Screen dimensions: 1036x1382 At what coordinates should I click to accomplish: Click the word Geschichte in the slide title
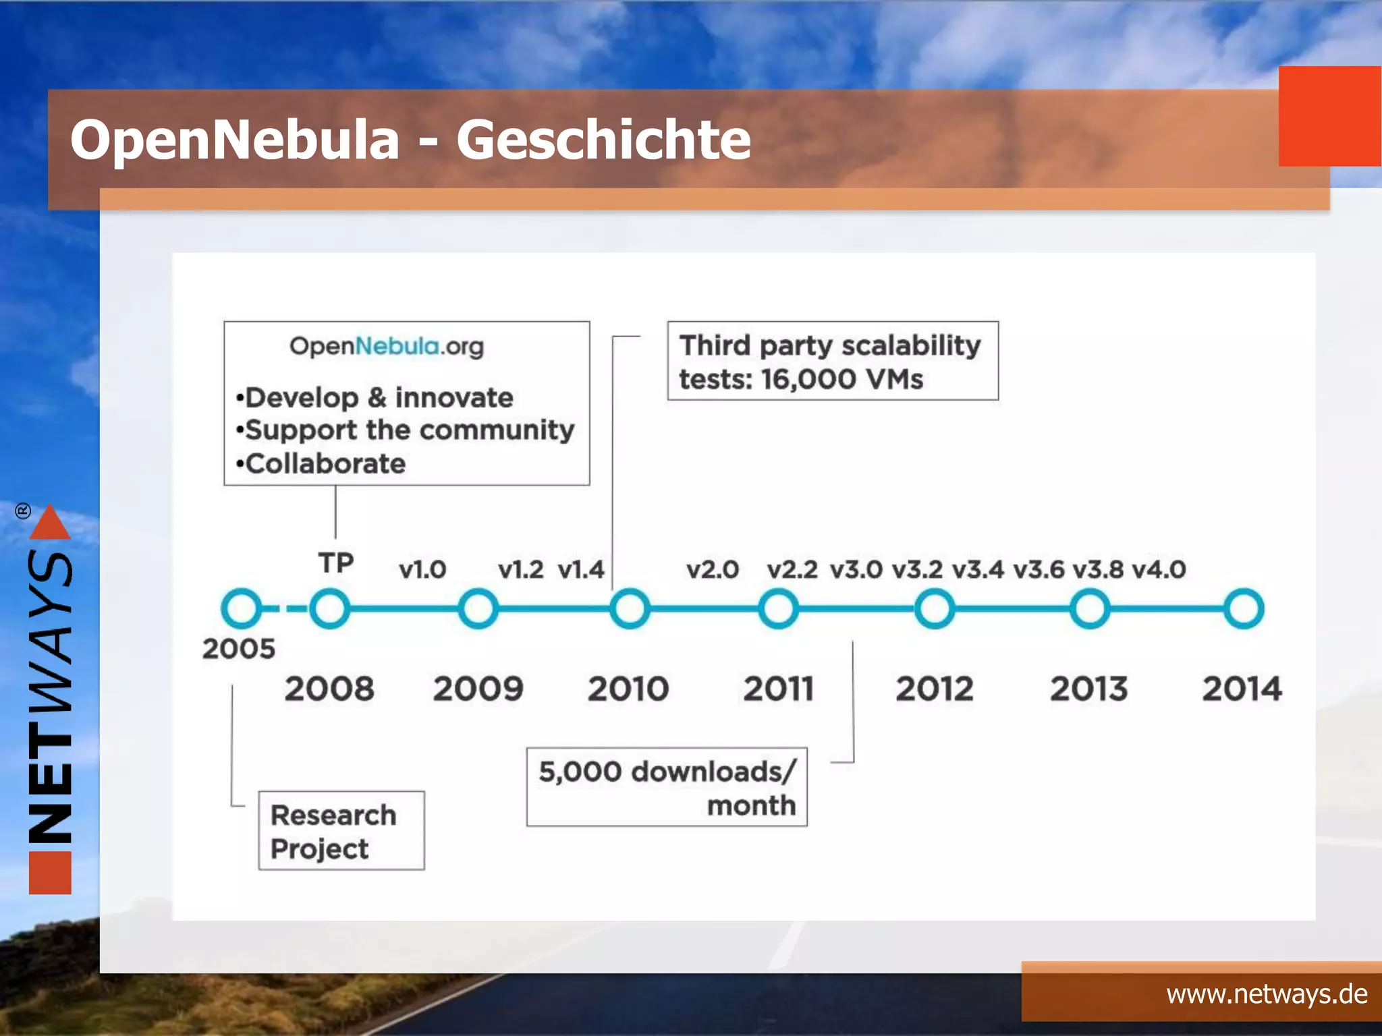coord(603,140)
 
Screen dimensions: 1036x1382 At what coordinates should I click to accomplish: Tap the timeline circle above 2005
coord(241,608)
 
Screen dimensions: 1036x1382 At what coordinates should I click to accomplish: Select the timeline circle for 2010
coord(630,608)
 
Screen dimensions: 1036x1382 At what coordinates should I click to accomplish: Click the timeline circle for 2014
coord(1244,608)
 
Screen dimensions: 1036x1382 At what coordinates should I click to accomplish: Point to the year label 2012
coord(935,689)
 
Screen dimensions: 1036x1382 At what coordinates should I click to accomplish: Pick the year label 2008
coord(329,689)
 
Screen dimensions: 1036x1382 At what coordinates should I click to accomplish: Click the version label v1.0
coord(422,570)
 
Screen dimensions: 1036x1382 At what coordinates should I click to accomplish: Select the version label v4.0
coord(1159,570)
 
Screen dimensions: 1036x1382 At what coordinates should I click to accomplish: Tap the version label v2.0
coord(713,570)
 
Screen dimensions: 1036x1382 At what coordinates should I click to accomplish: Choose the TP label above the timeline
coord(336,563)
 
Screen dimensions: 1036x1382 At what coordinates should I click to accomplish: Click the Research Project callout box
coord(341,831)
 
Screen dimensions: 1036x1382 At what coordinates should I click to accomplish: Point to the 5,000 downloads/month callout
coord(667,787)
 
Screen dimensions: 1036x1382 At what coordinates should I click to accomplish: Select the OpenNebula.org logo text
coord(387,347)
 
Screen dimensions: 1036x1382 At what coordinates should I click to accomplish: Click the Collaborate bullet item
coord(325,464)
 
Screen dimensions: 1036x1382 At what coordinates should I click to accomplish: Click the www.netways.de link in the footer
coord(1267,994)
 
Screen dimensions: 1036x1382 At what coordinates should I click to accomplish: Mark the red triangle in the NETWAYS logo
coord(50,523)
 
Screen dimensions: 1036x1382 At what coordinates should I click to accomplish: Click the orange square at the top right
coord(1329,116)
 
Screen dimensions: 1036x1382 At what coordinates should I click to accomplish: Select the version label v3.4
coord(978,570)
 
